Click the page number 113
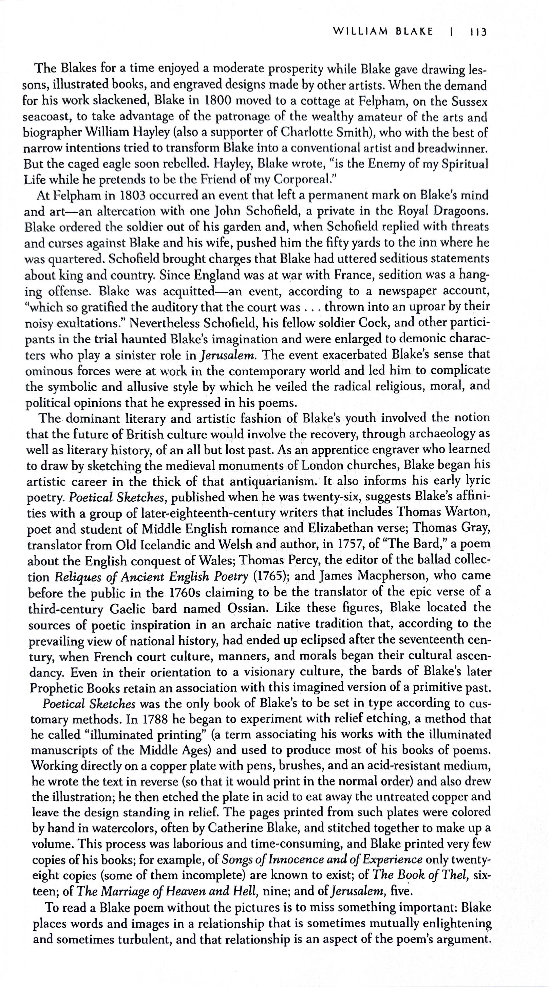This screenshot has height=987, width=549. [477, 32]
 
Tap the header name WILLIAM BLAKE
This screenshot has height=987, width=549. [383, 32]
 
